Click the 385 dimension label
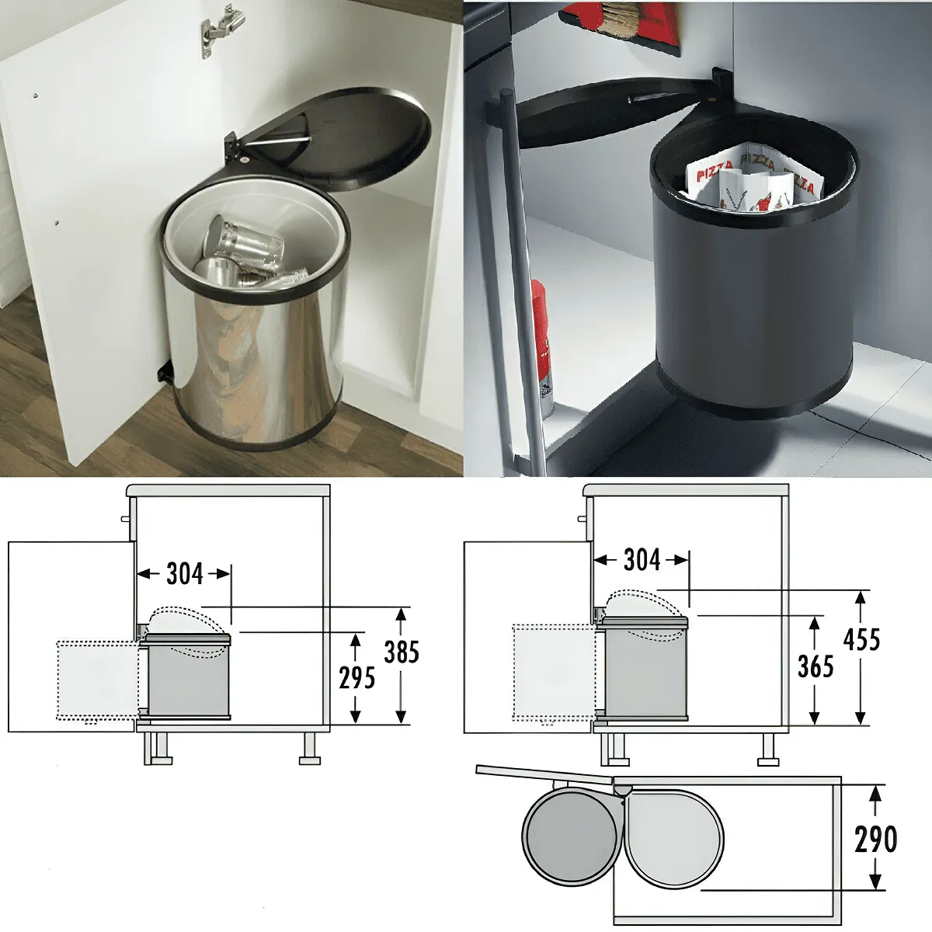point(402,652)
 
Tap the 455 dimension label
point(862,639)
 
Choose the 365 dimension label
point(816,666)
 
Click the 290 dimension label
point(876,839)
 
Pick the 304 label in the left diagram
point(185,574)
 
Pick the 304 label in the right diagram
point(642,560)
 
